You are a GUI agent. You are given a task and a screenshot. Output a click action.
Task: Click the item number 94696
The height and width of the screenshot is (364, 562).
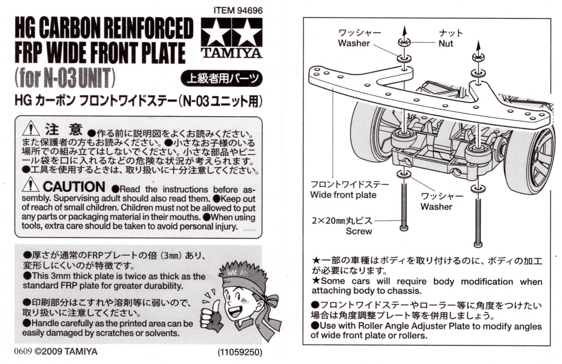pyautogui.click(x=250, y=10)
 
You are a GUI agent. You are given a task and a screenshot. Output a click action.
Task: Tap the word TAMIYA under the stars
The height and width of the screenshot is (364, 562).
pyautogui.click(x=231, y=53)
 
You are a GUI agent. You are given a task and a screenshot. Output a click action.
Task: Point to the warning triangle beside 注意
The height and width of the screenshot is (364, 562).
pyautogui.click(x=30, y=128)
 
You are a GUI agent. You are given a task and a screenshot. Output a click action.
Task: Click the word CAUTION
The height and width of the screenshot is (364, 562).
pyautogui.click(x=74, y=187)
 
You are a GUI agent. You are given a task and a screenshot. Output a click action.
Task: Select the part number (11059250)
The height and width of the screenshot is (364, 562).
pyautogui.click(x=240, y=352)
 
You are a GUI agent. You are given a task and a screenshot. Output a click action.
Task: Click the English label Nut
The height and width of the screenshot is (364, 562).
pyautogui.click(x=446, y=44)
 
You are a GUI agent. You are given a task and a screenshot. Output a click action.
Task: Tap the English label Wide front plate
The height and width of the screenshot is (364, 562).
pyautogui.click(x=343, y=195)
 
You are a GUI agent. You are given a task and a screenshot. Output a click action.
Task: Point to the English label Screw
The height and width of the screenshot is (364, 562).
pyautogui.click(x=359, y=231)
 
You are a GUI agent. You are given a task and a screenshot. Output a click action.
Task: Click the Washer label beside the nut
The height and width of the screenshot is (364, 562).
pyautogui.click(x=354, y=43)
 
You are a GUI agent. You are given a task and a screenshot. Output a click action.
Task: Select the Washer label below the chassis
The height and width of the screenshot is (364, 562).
pyautogui.click(x=436, y=206)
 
